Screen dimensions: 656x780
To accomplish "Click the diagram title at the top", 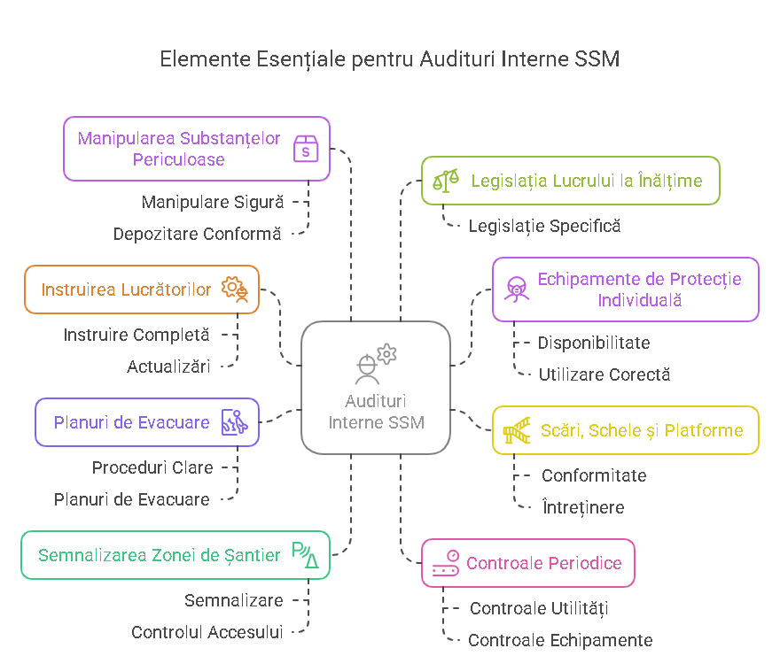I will (x=389, y=59).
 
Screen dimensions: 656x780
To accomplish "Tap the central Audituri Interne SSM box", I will (x=376, y=388).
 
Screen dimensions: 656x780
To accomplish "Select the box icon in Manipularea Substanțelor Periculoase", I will (x=306, y=149).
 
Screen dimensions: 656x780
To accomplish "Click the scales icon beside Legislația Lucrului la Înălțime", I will (x=446, y=181).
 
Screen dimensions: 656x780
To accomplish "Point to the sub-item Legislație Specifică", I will (x=544, y=226).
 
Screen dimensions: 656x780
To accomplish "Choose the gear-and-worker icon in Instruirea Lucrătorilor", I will (x=235, y=289).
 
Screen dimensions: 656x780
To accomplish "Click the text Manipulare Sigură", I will (x=213, y=202).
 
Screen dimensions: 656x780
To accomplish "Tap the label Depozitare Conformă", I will (x=197, y=234).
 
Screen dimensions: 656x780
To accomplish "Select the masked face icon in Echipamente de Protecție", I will (x=515, y=289).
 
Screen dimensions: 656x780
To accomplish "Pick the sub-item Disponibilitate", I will (x=594, y=343).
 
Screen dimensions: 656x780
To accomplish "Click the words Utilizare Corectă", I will (x=604, y=374).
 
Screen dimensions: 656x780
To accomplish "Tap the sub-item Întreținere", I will (x=582, y=507).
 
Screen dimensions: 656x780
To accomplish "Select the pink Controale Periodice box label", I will (x=544, y=563).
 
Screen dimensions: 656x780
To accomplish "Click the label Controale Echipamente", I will (x=560, y=640).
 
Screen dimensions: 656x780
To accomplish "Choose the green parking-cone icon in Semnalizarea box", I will (x=305, y=555).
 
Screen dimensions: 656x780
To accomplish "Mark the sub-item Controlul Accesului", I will (x=207, y=632).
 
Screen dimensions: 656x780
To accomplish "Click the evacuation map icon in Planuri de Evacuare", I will (x=234, y=422).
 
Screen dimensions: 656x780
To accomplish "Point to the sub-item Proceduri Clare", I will (x=152, y=467).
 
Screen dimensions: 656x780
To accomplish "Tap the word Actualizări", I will (x=168, y=367).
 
